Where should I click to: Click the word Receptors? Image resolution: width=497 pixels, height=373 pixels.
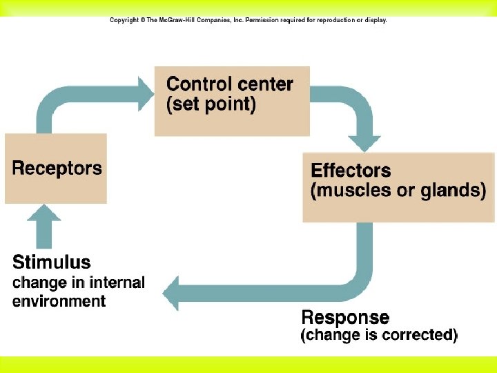coord(57,168)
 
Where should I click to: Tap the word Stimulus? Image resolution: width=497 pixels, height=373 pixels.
coord(52,262)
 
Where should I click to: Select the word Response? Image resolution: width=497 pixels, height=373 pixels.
coord(345,318)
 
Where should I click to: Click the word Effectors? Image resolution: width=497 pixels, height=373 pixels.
coord(351,170)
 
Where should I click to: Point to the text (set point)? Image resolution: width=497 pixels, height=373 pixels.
coord(211,106)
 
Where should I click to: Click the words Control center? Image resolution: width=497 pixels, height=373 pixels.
coord(230,84)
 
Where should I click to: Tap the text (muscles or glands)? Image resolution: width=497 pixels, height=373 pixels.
coord(398,191)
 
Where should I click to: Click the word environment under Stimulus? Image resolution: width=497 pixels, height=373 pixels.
coord(59,301)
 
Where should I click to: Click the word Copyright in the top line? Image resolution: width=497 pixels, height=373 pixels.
coord(125,20)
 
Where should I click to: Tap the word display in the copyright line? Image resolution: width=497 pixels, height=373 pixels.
coord(375,20)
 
